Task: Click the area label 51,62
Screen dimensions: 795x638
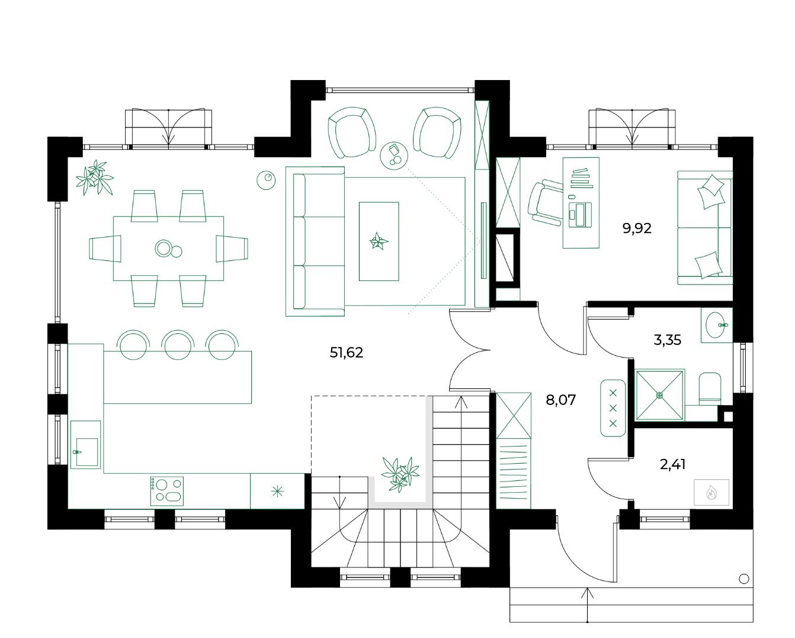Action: pyautogui.click(x=346, y=352)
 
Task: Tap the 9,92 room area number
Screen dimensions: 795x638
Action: pyautogui.click(x=636, y=228)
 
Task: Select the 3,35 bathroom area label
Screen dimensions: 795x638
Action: pyautogui.click(x=667, y=340)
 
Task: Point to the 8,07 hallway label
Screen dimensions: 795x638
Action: pyautogui.click(x=560, y=400)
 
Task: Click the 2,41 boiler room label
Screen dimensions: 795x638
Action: pyautogui.click(x=672, y=464)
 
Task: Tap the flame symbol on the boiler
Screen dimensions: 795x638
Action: pyautogui.click(x=711, y=493)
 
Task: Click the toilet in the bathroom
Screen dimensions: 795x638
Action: pyautogui.click(x=710, y=388)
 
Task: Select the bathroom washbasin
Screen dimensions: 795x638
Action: pyautogui.click(x=716, y=325)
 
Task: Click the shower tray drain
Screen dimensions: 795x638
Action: pyautogui.click(x=660, y=395)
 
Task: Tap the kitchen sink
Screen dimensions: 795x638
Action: pyautogui.click(x=86, y=445)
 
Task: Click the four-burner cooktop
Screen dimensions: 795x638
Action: pyautogui.click(x=166, y=491)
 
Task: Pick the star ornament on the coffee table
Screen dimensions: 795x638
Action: pyautogui.click(x=379, y=241)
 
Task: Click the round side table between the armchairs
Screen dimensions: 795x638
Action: pyautogui.click(x=394, y=156)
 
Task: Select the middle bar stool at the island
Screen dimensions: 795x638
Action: pyautogui.click(x=177, y=345)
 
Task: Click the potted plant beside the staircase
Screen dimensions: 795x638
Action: pyautogui.click(x=400, y=474)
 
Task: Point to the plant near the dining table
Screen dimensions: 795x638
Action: pyautogui.click(x=95, y=177)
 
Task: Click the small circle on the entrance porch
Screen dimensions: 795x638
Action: pyautogui.click(x=744, y=579)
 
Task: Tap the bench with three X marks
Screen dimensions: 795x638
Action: pyautogui.click(x=613, y=407)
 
